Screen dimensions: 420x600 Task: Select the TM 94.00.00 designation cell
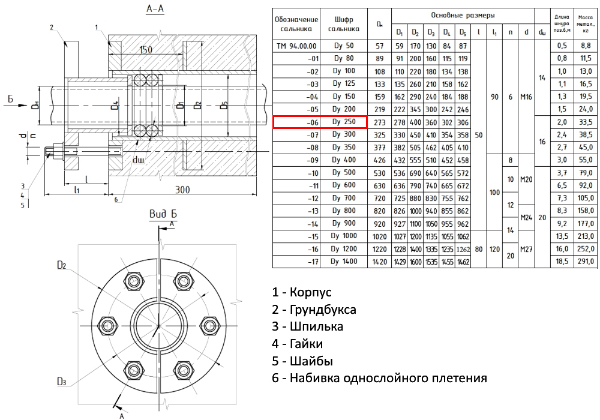[296, 46]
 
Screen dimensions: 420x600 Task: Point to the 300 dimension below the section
[183, 190]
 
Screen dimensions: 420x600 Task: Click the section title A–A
[155, 9]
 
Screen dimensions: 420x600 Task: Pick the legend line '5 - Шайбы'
[302, 361]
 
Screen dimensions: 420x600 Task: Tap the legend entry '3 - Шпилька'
[308, 327]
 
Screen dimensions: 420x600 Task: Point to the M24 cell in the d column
[526, 217]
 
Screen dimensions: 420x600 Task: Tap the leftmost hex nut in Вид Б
[108, 326]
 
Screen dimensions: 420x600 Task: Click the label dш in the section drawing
[139, 161]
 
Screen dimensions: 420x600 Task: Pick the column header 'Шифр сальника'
[344, 24]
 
